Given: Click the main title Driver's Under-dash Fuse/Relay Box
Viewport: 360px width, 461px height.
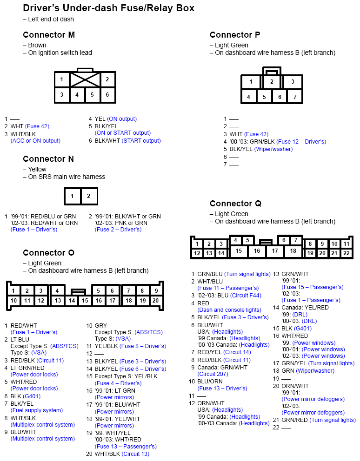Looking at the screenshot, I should pos(108,8).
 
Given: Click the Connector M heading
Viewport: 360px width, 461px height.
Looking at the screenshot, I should pos(48,35).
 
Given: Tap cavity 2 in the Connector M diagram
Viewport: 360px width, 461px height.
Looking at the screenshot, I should pos(107,79).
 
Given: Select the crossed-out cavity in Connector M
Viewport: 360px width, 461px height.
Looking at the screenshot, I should pos(85,79).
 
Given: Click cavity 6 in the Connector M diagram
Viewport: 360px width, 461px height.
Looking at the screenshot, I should pos(107,95).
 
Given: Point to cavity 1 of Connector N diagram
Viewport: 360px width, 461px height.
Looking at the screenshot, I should pos(72,196).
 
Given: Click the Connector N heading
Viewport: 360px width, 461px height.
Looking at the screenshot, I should pos(48,159).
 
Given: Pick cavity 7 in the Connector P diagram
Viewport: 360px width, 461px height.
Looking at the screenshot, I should pos(294,97).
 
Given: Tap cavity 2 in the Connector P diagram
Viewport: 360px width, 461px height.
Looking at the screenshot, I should pos(272,82).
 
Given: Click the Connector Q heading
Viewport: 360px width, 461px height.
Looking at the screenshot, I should pos(235,204).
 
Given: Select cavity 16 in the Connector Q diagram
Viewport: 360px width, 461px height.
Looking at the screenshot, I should pos(257,251).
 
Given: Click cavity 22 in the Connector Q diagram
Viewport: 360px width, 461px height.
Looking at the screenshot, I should pos(346,253).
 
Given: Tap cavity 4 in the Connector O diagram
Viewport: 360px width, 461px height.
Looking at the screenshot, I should pos(57,291).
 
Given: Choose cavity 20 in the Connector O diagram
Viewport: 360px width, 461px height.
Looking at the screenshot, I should pos(155,301).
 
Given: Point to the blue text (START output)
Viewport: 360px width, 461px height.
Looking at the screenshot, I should pos(141,141).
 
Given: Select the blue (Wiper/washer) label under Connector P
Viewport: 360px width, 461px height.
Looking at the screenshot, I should pos(273,149).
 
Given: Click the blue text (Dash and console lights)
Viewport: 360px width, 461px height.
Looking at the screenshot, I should pos(229,310).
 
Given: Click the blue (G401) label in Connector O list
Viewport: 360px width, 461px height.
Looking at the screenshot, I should pos(32,396).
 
